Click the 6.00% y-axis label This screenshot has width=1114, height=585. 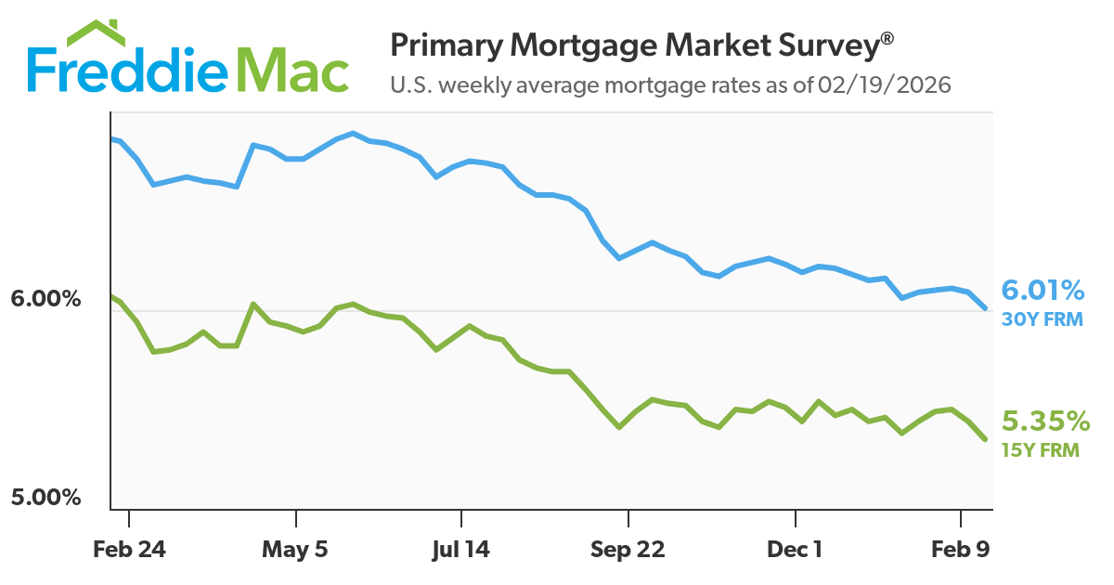pos(46,301)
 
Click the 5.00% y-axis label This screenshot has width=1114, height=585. pos(46,498)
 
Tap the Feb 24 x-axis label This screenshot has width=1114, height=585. pos(129,550)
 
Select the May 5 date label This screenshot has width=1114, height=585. pos(295,550)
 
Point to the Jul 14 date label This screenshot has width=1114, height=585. pos(460,550)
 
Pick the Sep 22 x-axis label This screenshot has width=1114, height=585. pos(628,550)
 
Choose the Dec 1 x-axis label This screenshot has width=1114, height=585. pos(796,550)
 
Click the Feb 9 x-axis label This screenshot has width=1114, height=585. pos(960,550)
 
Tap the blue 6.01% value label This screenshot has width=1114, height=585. pos(1043,292)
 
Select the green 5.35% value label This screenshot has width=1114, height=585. pos(1044,422)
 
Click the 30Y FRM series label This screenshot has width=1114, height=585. pos(1042,320)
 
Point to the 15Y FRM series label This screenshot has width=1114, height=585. pos(1040,451)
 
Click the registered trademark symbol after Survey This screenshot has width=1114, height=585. pos(887,38)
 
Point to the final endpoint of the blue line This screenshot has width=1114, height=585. pos(985,308)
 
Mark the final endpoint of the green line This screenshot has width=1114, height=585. pos(985,439)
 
